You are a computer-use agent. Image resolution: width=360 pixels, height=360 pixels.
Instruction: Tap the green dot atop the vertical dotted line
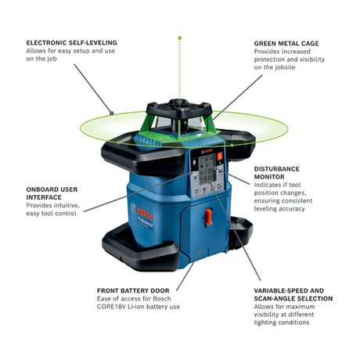(180, 37)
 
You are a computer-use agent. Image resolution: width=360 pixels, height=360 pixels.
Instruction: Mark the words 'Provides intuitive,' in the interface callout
(53, 205)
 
